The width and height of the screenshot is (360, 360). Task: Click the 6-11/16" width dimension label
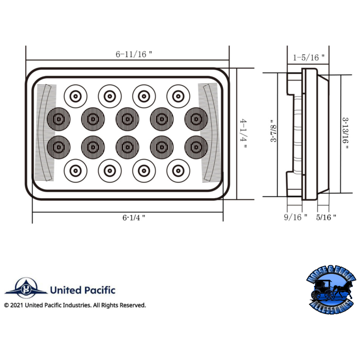[134, 54]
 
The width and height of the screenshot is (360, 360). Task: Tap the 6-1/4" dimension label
[134, 217]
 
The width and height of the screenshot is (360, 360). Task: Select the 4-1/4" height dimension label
[243, 135]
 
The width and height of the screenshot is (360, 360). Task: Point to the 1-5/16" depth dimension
[309, 57]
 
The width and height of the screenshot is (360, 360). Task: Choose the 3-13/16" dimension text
[346, 135]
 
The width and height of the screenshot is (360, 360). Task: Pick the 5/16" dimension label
[327, 217]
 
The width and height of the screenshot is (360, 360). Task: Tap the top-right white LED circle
[178, 95]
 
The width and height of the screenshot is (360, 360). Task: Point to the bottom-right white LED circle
[178, 170]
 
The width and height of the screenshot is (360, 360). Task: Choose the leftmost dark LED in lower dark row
[58, 146]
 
